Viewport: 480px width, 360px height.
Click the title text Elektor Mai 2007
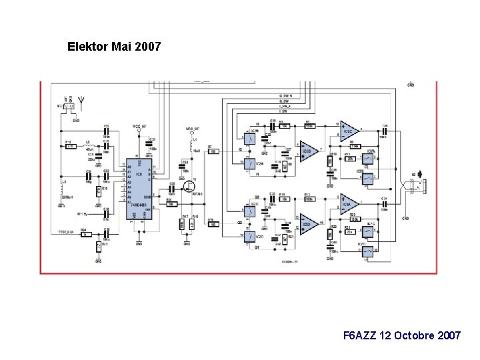tap(114, 47)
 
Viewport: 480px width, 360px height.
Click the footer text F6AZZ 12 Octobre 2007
tap(401, 335)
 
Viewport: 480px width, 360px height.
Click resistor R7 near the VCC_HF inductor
tap(213, 151)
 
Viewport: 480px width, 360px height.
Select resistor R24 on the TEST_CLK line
tap(85, 234)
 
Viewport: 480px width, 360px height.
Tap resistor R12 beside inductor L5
tap(69, 147)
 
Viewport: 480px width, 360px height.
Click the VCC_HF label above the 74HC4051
tap(138, 126)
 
